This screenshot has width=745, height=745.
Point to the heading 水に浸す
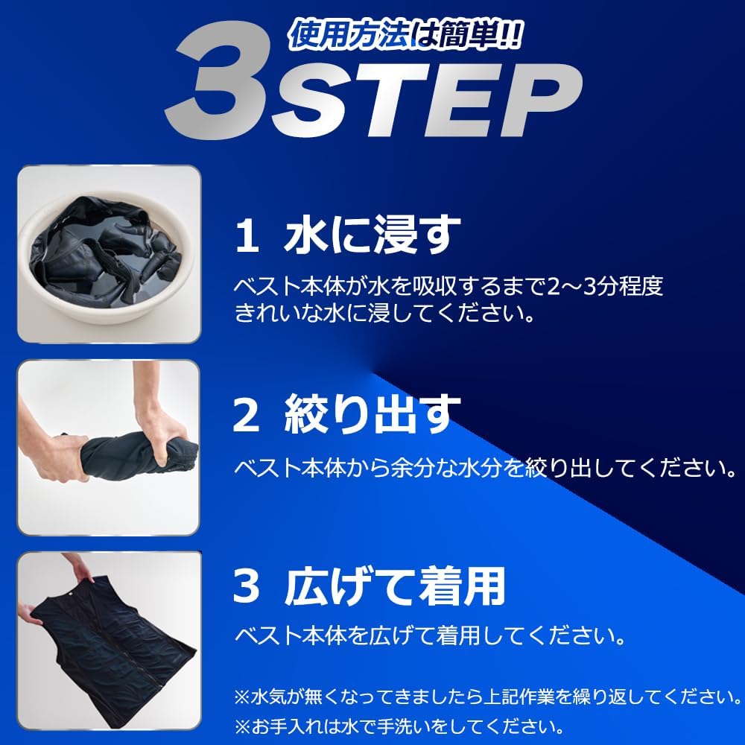point(368,235)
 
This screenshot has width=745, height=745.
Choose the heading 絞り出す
point(368,415)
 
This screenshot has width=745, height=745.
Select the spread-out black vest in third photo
point(112,641)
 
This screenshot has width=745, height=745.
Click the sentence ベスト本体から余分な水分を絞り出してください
point(485,467)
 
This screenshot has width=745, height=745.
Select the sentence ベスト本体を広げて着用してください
point(428,636)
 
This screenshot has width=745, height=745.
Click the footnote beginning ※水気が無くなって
point(487,697)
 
